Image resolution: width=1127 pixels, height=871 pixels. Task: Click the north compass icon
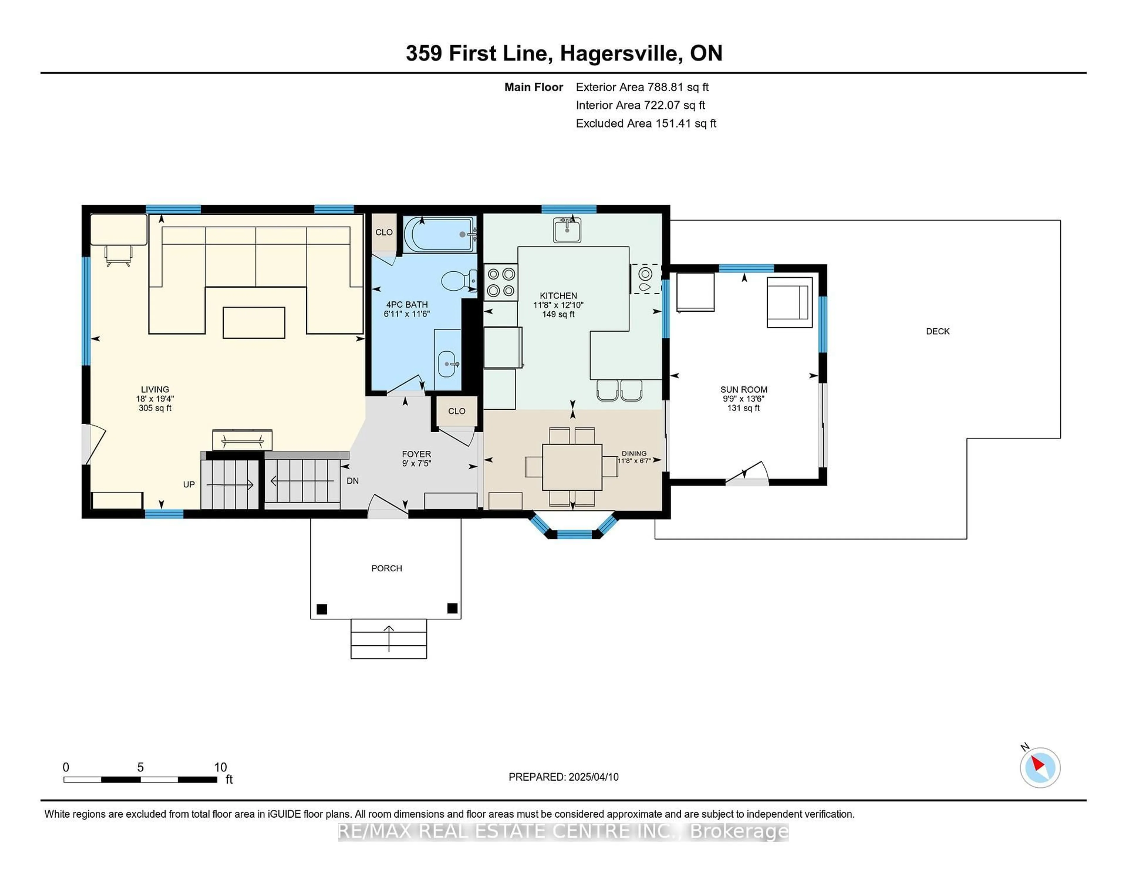click(x=1040, y=768)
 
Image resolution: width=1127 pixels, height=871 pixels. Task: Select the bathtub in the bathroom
click(x=439, y=235)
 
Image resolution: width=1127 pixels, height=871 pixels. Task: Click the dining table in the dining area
click(x=572, y=467)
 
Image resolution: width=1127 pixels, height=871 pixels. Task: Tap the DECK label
click(x=938, y=331)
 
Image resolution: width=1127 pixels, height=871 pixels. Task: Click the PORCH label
click(x=387, y=568)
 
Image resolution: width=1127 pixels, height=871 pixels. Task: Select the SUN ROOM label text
click(x=744, y=390)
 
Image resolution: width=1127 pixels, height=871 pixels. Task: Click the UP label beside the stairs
click(x=189, y=485)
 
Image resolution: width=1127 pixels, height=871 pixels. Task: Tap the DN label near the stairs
click(x=352, y=481)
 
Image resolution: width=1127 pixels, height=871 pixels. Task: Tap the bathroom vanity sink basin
click(x=447, y=364)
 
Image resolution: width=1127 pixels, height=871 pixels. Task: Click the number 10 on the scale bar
click(x=220, y=767)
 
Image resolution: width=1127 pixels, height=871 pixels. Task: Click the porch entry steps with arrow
click(x=389, y=639)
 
